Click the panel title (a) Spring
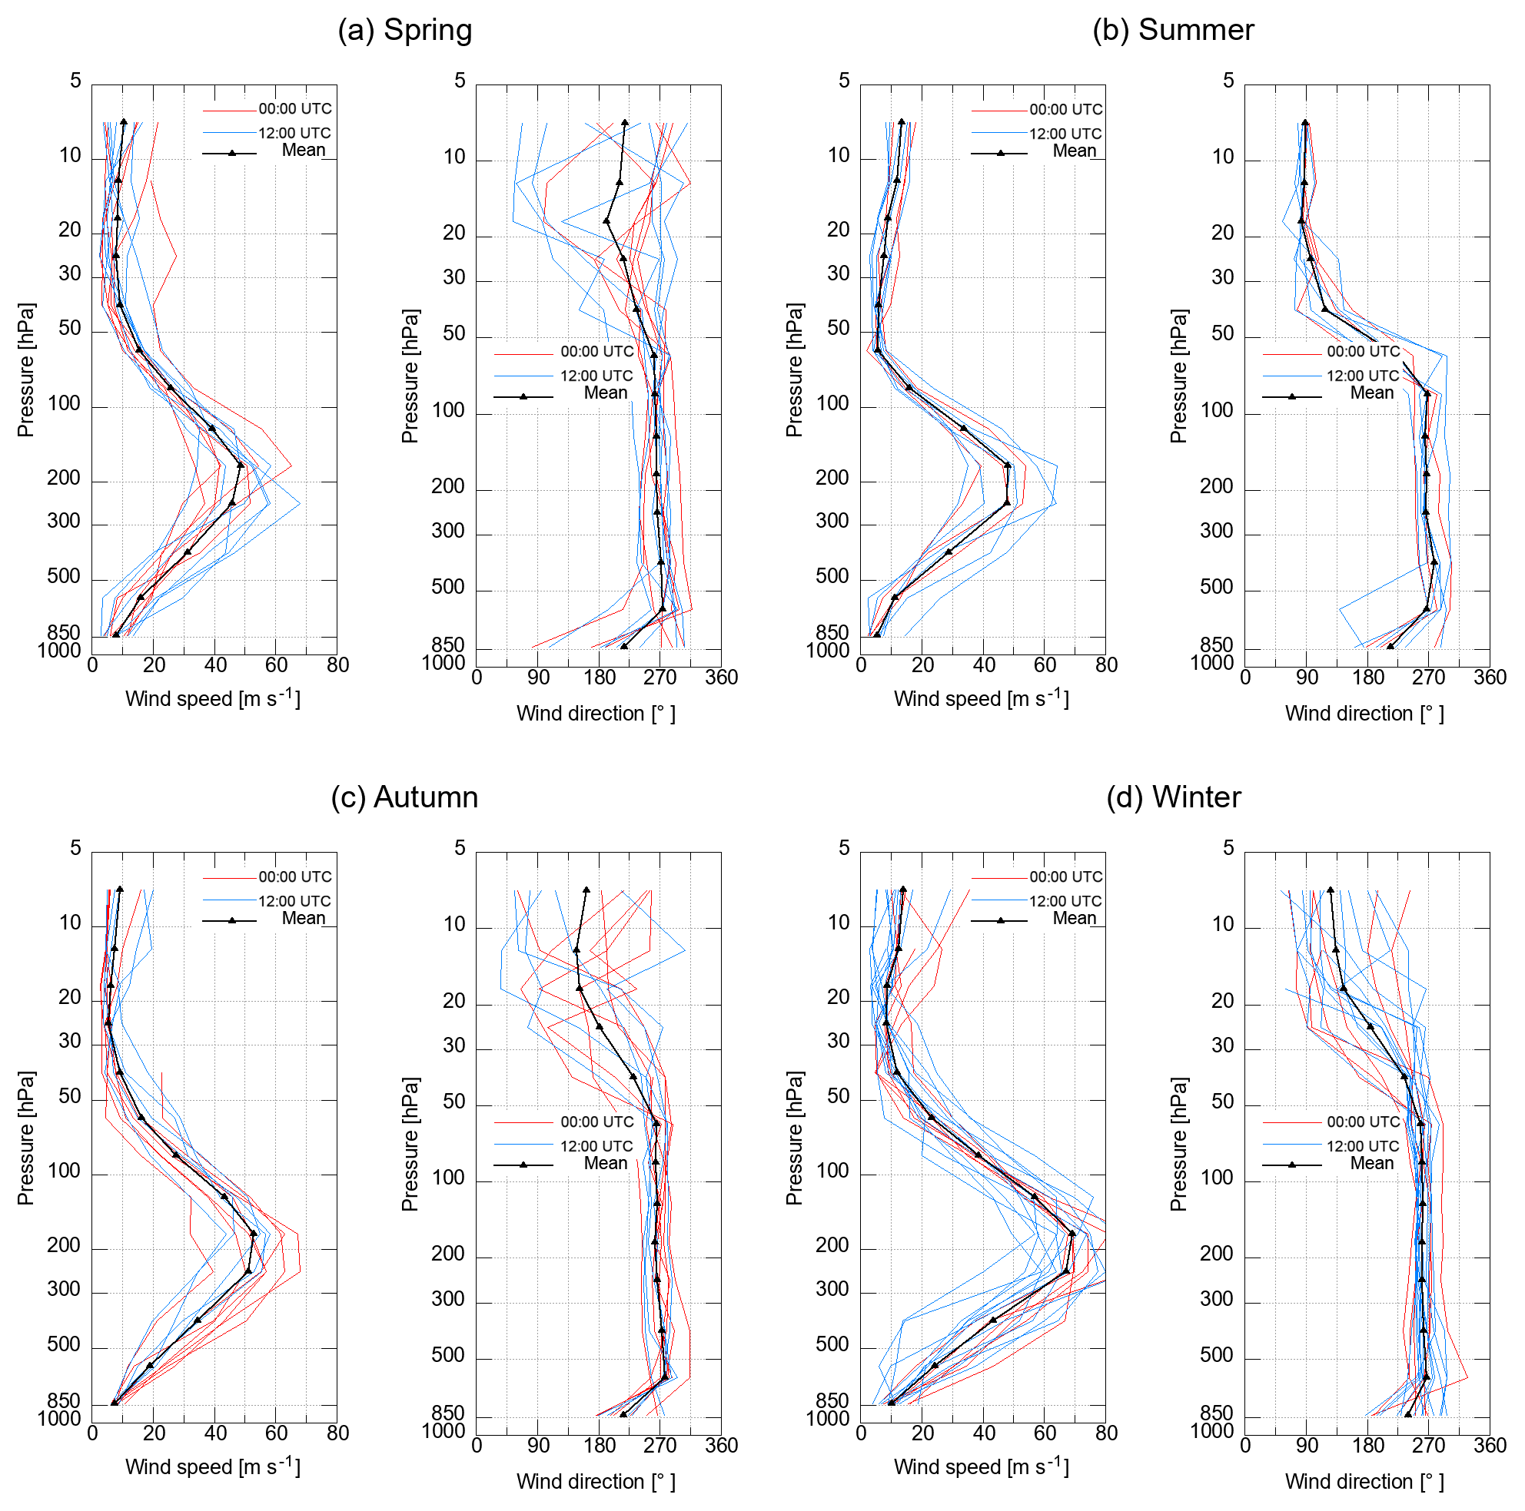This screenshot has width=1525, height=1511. pyautogui.click(x=404, y=30)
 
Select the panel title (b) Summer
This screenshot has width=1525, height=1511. pyautogui.click(x=1173, y=30)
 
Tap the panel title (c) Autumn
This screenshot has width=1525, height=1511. pyautogui.click(x=404, y=797)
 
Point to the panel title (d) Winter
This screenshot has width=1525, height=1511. pyautogui.click(x=1173, y=797)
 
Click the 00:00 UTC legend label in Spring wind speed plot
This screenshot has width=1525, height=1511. pyautogui.click(x=295, y=109)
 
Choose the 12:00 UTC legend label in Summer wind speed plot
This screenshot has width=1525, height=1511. pyautogui.click(x=1065, y=134)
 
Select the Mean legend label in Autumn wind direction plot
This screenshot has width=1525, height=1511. pyautogui.click(x=606, y=1163)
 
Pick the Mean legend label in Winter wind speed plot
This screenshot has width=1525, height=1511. pyautogui.click(x=1075, y=918)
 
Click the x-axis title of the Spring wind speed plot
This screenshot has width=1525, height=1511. pyautogui.click(x=213, y=698)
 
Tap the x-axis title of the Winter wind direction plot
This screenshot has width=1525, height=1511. pyautogui.click(x=1365, y=1481)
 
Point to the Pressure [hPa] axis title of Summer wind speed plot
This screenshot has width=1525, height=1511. pyautogui.click(x=794, y=369)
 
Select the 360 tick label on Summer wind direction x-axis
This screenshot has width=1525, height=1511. pyautogui.click(x=1490, y=677)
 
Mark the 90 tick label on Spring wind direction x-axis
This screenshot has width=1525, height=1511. pyautogui.click(x=538, y=677)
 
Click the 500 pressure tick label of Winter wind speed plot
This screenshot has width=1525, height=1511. pyautogui.click(x=832, y=1344)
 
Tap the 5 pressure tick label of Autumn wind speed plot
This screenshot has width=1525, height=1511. pyautogui.click(x=76, y=848)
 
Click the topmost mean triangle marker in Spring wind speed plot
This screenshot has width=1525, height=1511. pyautogui.click(x=124, y=122)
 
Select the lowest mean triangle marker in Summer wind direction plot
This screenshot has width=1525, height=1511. pyautogui.click(x=1390, y=647)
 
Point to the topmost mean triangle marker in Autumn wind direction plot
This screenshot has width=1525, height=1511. pyautogui.click(x=586, y=890)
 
